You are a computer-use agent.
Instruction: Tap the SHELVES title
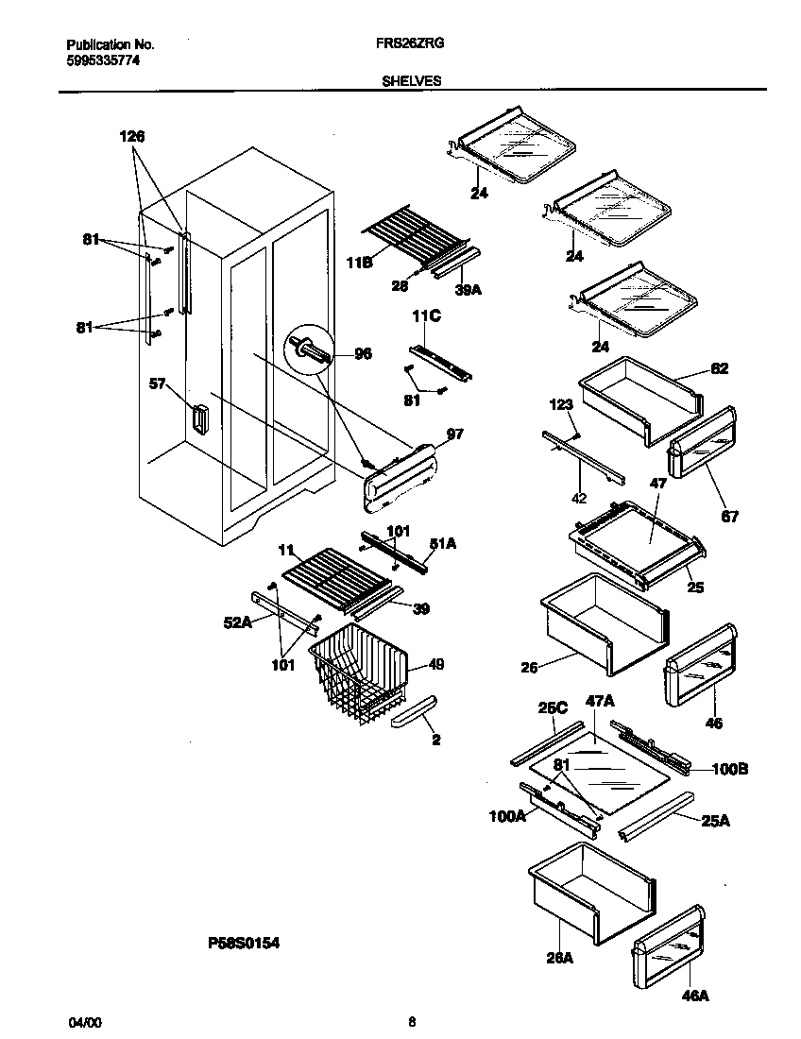point(411,81)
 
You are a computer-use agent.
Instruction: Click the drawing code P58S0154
point(244,942)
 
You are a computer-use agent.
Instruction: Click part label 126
point(132,137)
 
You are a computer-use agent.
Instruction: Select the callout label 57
point(158,384)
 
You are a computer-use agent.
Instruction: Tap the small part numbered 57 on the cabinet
point(197,418)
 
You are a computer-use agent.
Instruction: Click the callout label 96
point(362,354)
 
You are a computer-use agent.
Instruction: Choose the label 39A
point(468,290)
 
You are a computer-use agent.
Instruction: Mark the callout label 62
point(720,368)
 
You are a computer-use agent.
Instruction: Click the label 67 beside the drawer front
point(730,516)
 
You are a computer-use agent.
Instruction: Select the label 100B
point(729,770)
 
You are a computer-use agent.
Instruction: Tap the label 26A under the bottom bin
point(560,957)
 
